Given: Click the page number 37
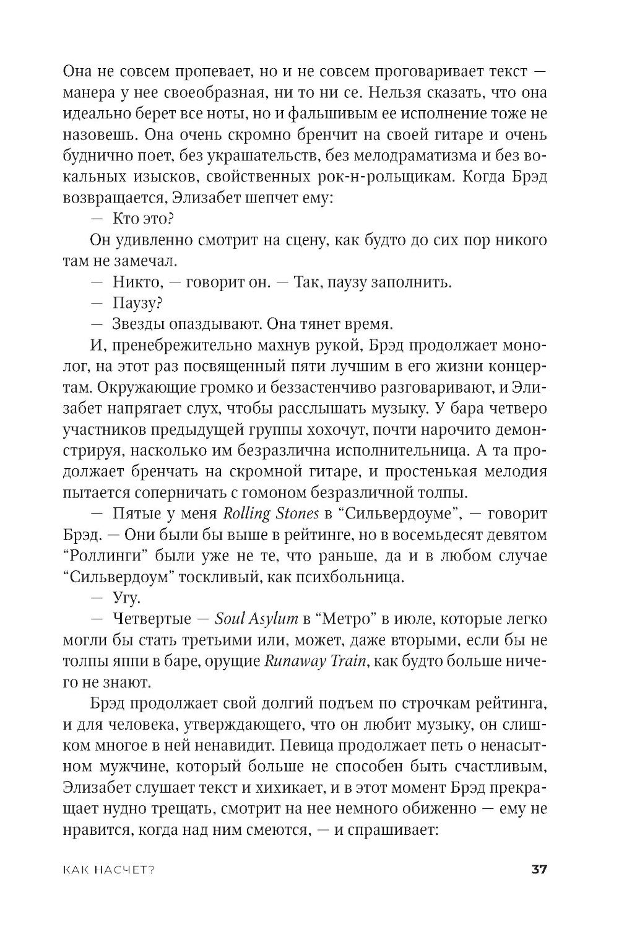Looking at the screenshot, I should [x=539, y=869].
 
